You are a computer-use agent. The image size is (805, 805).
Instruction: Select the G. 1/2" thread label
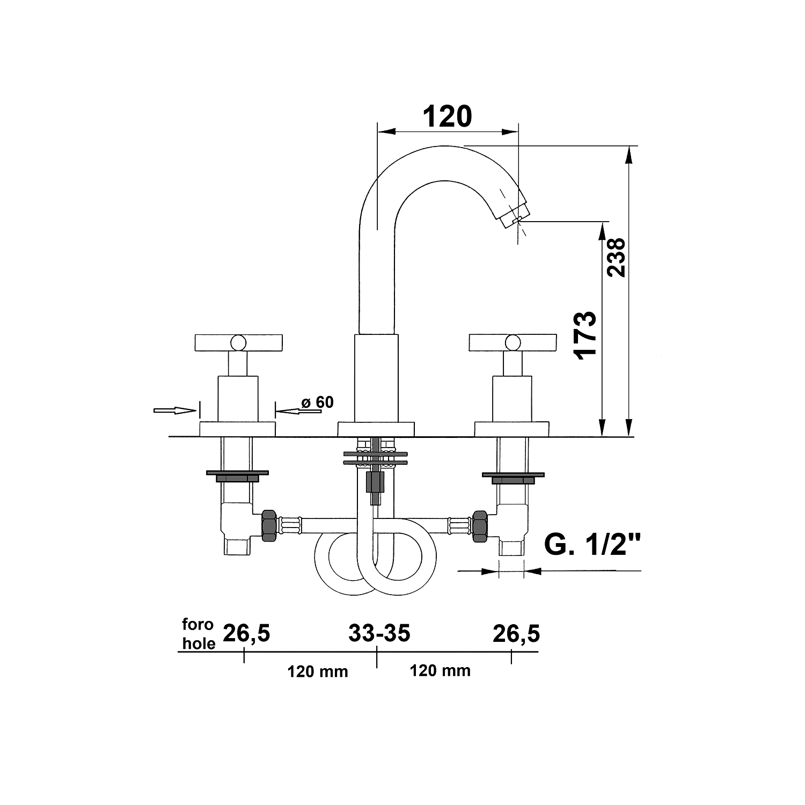pyautogui.click(x=594, y=545)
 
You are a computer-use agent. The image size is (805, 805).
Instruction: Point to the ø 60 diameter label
pyautogui.click(x=317, y=402)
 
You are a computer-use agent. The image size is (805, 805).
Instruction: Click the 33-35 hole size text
pyautogui.click(x=379, y=633)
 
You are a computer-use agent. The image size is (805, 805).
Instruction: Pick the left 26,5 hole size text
pyautogui.click(x=246, y=633)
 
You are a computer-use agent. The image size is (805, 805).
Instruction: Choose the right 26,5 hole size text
pyautogui.click(x=516, y=633)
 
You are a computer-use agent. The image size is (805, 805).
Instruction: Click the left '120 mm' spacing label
pyautogui.click(x=318, y=671)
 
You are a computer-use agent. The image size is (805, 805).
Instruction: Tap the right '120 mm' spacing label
pyautogui.click(x=440, y=670)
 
